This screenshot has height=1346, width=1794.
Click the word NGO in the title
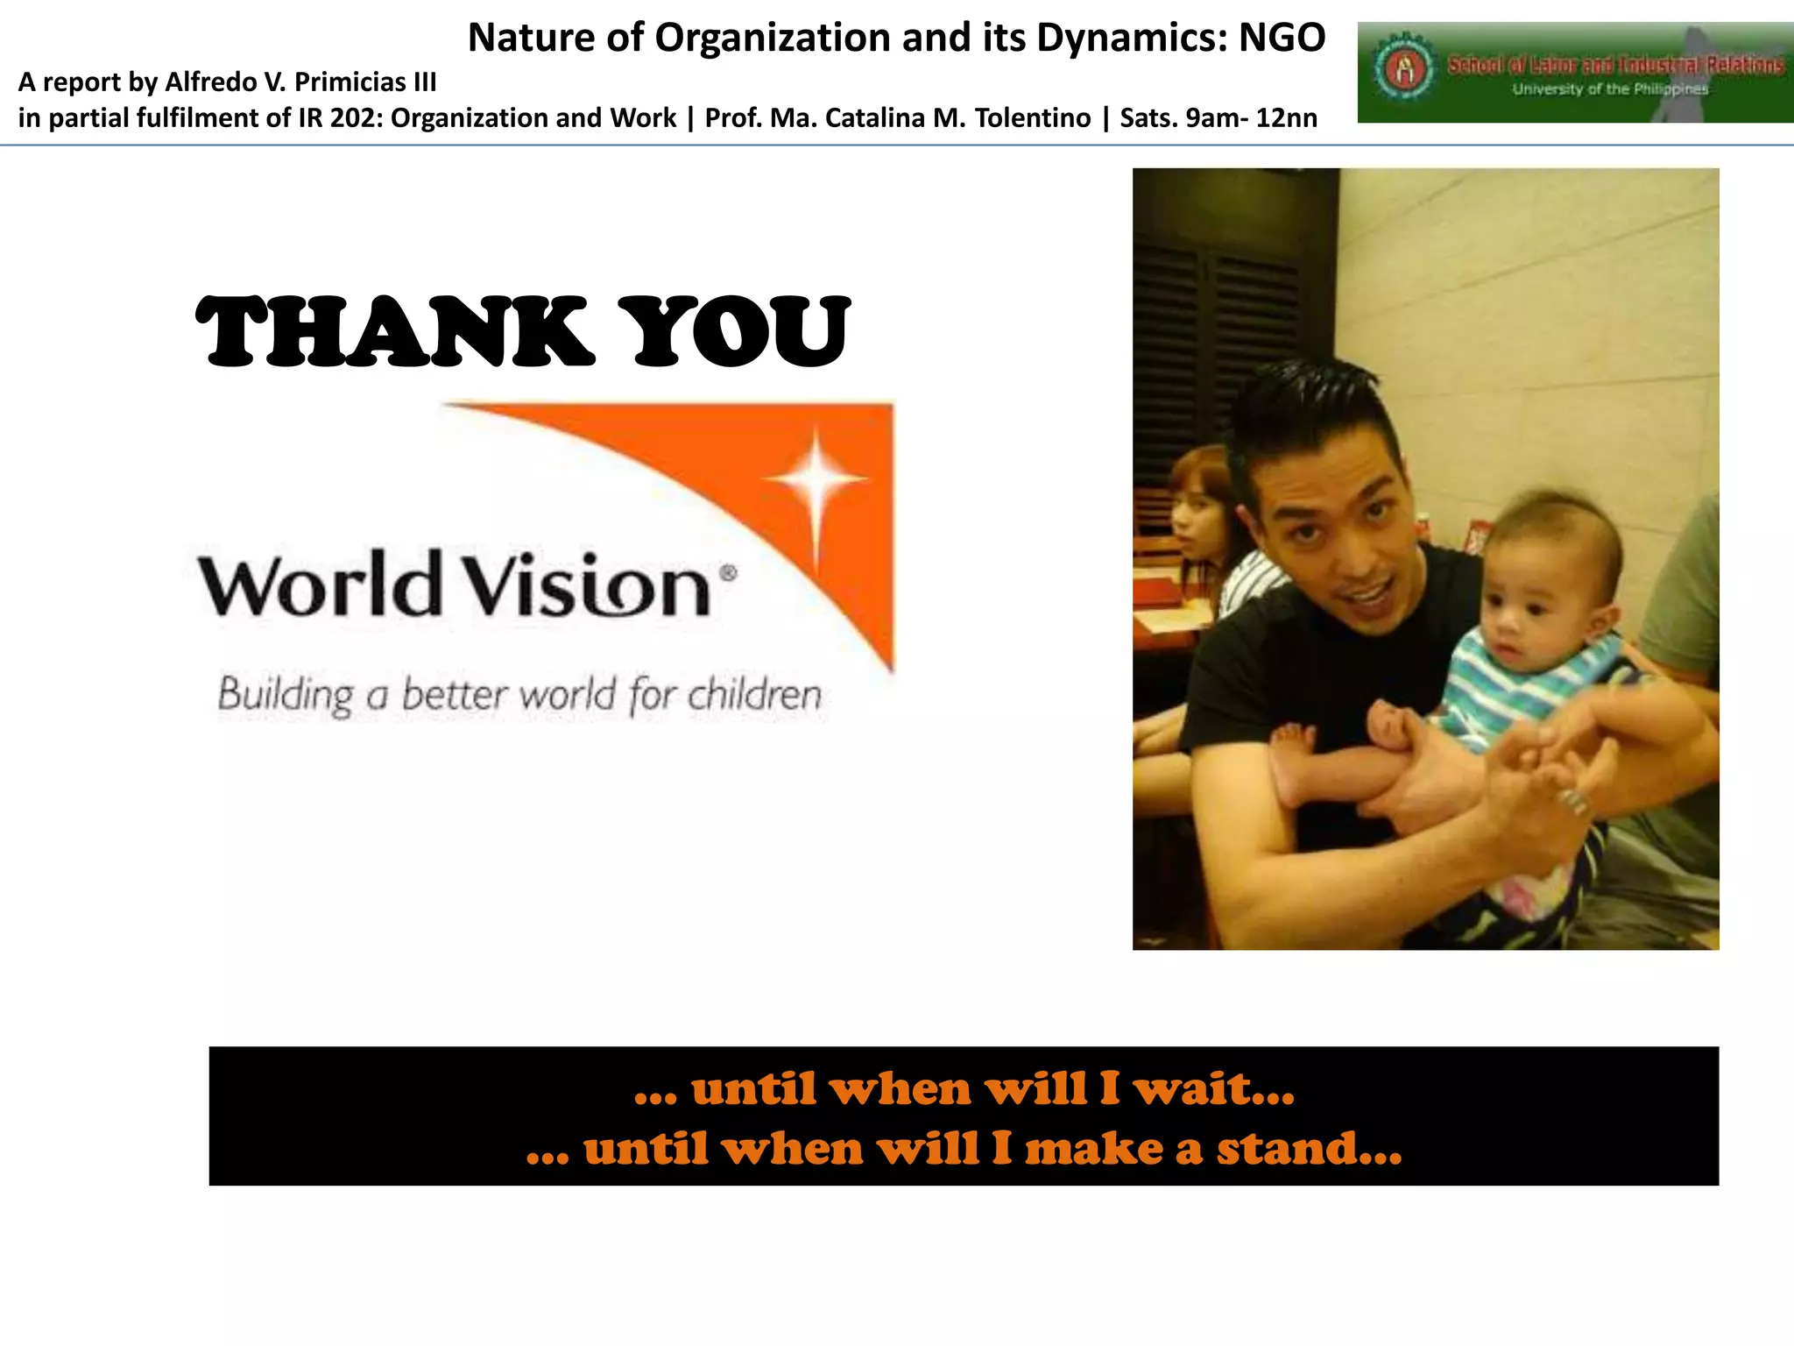pyautogui.click(x=1282, y=39)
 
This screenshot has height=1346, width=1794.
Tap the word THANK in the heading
pyautogui.click(x=394, y=332)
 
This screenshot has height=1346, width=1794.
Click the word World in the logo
pyautogui.click(x=320, y=585)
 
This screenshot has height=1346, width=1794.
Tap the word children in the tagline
pyautogui.click(x=754, y=695)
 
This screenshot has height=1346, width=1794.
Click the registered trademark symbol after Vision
pyautogui.click(x=728, y=573)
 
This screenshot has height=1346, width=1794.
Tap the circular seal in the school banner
pyautogui.click(x=1405, y=68)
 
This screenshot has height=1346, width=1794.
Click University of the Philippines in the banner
pyautogui.click(x=1610, y=89)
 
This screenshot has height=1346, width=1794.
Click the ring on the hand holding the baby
pyautogui.click(x=1573, y=800)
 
